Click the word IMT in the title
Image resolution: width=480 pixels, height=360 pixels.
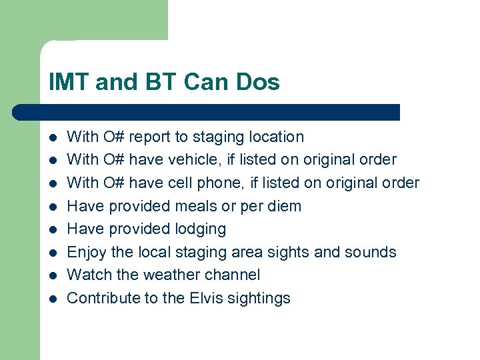(69, 83)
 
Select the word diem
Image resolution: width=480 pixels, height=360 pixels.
(283, 206)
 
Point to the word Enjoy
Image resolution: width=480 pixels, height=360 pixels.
(87, 252)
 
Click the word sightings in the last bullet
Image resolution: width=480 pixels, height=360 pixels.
(261, 298)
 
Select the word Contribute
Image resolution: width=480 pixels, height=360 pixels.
(101, 298)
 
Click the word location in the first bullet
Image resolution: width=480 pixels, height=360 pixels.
(276, 137)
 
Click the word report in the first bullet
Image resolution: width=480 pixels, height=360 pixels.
(149, 137)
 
